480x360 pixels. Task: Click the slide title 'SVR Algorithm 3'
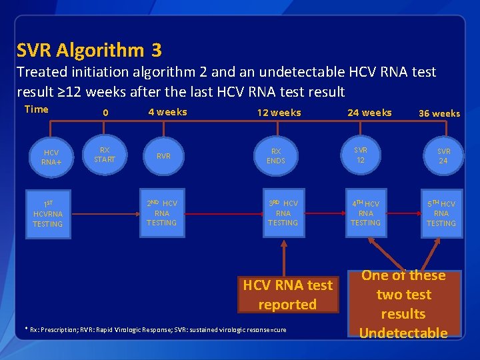[x=89, y=50]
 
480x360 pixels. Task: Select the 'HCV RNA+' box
[x=50, y=157]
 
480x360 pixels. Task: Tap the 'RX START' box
[x=105, y=155]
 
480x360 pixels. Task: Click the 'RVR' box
[x=163, y=156]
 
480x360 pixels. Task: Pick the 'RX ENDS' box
[x=275, y=156]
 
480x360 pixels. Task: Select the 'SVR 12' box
[x=361, y=155]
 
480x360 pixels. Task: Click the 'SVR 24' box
[x=443, y=156]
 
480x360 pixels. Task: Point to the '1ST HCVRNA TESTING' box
[x=48, y=213]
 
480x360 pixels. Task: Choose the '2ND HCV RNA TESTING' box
[x=162, y=213]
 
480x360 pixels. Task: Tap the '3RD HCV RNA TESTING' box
[x=283, y=213]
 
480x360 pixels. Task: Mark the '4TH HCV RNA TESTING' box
[x=365, y=213]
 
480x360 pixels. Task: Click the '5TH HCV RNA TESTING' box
[x=441, y=213]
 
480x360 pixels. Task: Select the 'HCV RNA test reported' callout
[x=287, y=295]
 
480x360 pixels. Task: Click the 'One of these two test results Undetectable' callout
[x=403, y=303]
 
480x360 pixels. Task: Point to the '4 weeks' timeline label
[x=167, y=112]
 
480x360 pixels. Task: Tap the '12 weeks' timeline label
[x=279, y=113]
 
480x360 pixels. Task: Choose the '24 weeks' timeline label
[x=369, y=113]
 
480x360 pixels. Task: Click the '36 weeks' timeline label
[x=439, y=113]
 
